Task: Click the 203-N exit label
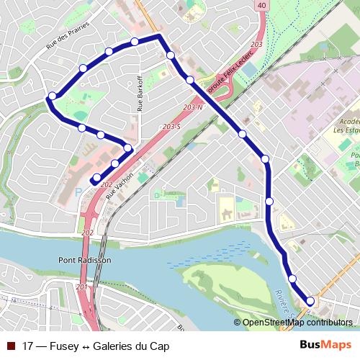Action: point(194,108)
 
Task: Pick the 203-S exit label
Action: point(171,127)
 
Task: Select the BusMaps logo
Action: point(325,346)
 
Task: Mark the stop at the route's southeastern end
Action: point(310,301)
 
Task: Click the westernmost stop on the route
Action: point(52,96)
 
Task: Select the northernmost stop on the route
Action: point(135,41)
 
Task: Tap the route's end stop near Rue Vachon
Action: point(96,177)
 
